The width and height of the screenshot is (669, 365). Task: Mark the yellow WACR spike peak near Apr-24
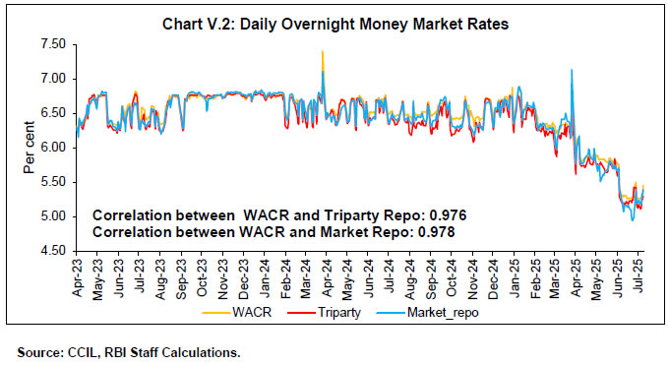point(322,51)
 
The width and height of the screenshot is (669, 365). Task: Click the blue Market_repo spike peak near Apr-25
point(572,70)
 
